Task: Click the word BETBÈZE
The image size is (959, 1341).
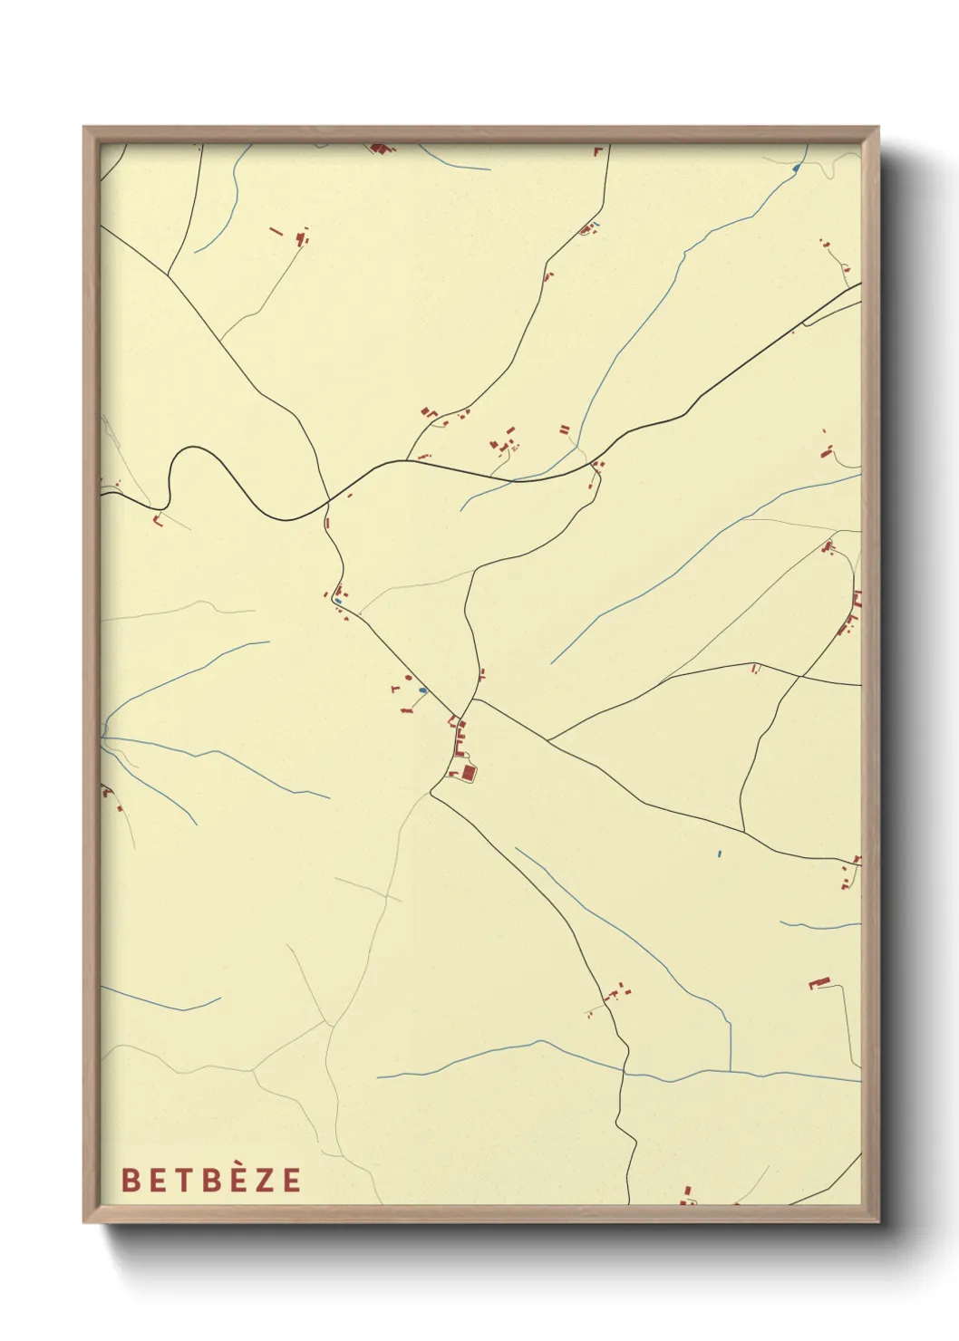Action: (x=211, y=1180)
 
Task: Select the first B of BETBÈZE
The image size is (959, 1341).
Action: (x=130, y=1180)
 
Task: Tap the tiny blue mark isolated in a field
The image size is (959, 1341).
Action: (x=719, y=854)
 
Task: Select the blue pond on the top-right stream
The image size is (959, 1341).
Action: (x=795, y=169)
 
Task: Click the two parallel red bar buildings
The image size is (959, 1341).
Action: (x=565, y=429)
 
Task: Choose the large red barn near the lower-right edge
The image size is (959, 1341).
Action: (x=819, y=982)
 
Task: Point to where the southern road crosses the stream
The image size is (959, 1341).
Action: (x=625, y=1073)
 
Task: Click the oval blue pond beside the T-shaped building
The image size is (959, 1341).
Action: (x=422, y=691)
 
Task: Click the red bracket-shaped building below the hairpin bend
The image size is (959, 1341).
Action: (x=160, y=520)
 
